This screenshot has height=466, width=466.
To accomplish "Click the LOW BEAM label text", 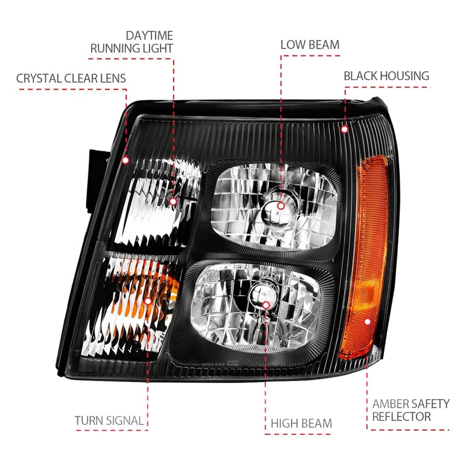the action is (310, 45).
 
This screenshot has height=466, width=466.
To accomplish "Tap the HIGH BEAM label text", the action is (302, 424).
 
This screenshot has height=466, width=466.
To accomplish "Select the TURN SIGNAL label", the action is (109, 420).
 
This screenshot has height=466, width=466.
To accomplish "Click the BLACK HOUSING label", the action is (386, 76).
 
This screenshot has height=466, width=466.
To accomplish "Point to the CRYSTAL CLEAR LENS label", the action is (71, 78).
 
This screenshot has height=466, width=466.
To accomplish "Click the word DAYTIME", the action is (150, 36).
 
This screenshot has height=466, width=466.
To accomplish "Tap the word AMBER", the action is (391, 404).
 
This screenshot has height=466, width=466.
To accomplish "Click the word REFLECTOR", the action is (402, 417).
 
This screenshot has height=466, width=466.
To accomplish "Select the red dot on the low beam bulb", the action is (281, 206).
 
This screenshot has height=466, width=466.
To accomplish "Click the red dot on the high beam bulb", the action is (266, 305).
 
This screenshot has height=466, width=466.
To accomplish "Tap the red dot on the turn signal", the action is (148, 301).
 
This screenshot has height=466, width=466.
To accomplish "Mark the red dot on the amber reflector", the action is (367, 322).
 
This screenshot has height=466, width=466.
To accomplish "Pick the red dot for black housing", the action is (345, 129).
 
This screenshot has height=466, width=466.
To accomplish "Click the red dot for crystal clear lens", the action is (125, 160).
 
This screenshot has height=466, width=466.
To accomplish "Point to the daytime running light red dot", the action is (173, 201).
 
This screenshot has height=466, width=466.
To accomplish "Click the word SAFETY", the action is (430, 404).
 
